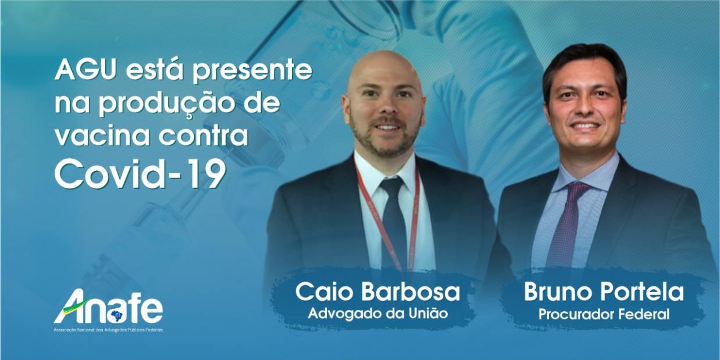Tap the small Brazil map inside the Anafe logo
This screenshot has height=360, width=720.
tap(116, 315)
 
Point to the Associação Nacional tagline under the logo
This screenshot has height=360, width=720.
tap(108, 330)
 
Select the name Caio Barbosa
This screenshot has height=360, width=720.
tap(377, 292)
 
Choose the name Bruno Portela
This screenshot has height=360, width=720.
tap(604, 291)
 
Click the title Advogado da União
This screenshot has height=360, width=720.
tap(377, 313)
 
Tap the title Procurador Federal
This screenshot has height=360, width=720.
tap(604, 314)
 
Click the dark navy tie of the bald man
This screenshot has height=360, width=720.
tap(394, 222)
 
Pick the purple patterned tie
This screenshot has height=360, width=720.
tap(568, 222)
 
